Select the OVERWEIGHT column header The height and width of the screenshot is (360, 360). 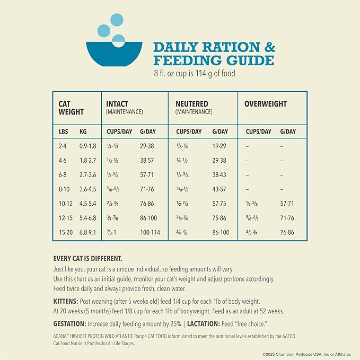(266, 104)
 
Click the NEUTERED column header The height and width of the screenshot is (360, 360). (192, 104)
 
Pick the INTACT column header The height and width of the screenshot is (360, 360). (117, 104)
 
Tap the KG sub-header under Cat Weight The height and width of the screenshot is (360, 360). (83, 131)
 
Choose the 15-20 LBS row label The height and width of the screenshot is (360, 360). (66, 233)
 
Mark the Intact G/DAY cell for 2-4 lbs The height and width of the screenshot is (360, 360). (147, 146)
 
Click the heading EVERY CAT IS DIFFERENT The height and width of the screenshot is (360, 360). (88, 259)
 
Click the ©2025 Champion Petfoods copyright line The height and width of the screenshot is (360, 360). (309, 354)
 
